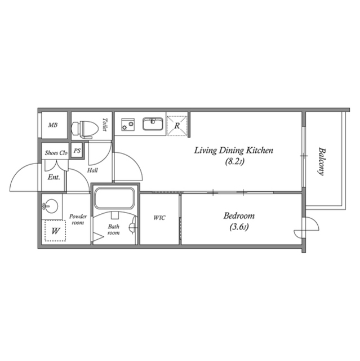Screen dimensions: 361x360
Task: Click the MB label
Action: [x=52, y=125]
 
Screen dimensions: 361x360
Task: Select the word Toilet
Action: [x=105, y=125]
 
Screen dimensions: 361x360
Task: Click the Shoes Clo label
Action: [x=56, y=153]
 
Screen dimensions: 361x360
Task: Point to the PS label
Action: [x=77, y=151]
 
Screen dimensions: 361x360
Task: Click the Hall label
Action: [x=93, y=170]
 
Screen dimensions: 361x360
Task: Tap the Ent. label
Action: [x=54, y=177]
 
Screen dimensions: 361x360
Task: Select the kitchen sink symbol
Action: [x=152, y=124]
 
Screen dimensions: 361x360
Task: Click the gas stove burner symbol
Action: [x=128, y=124]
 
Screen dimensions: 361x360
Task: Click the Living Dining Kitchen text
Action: [x=233, y=151]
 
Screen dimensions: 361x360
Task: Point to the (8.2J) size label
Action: [x=233, y=161]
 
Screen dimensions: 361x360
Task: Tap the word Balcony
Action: [x=322, y=162]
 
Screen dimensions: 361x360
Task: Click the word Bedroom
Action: [x=238, y=216]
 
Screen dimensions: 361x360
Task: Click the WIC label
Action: [x=159, y=218]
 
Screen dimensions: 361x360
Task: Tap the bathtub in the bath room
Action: [x=115, y=198]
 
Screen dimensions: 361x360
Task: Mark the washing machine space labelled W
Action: [x=55, y=230]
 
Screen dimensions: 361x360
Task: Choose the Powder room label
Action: [x=77, y=219]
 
